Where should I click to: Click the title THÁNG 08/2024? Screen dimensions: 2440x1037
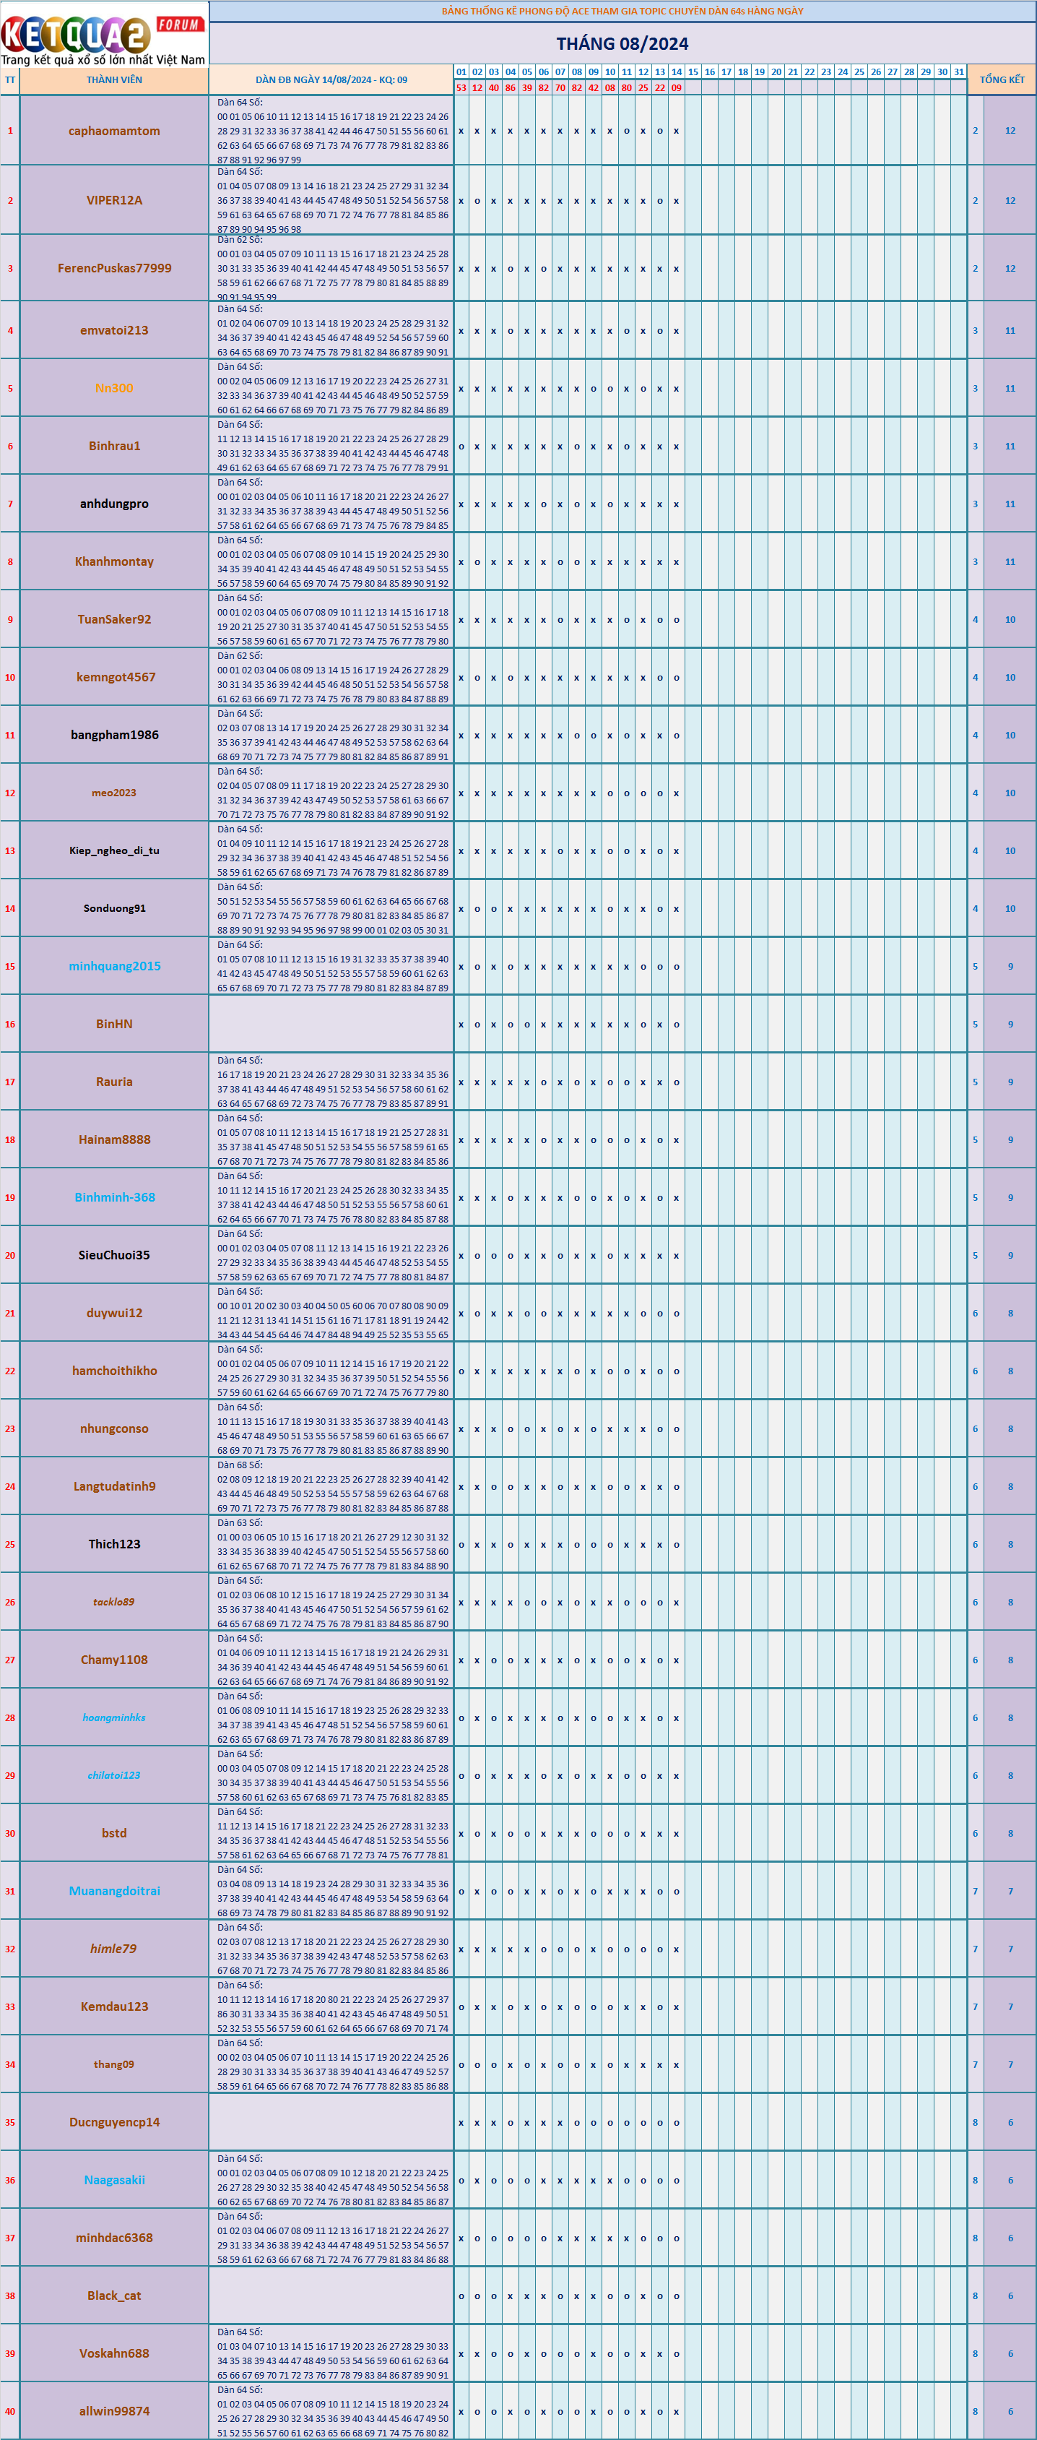coord(622,43)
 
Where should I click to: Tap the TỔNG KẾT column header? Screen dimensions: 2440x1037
coord(1001,80)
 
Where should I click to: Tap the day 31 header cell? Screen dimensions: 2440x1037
coord(958,72)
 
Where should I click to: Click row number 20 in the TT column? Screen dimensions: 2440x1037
coord(9,1255)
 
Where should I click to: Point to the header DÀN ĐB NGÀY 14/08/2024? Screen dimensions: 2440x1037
coord(331,80)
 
